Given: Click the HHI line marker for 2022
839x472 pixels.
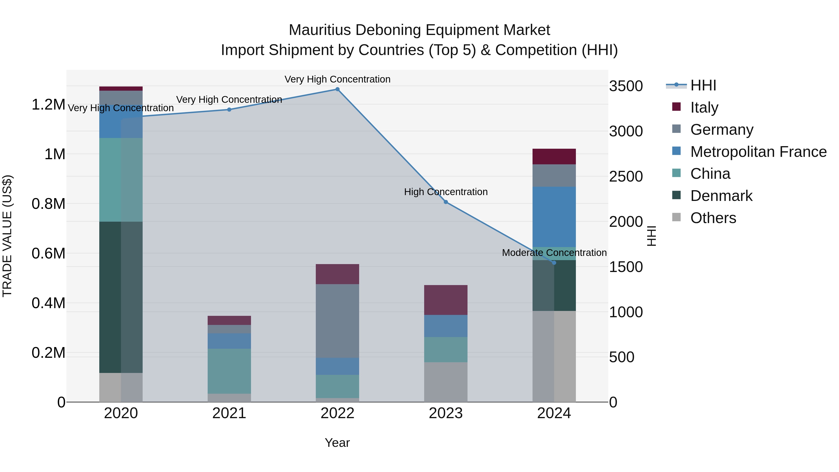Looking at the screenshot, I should (x=337, y=89).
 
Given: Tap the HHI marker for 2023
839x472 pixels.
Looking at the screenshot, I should (x=446, y=202).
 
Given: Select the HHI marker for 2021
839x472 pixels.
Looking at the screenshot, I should (x=229, y=110).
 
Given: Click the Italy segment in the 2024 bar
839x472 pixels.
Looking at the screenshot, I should (x=554, y=156).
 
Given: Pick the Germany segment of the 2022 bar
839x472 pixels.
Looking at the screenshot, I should (x=337, y=321).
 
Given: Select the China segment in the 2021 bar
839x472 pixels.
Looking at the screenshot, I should (x=229, y=371).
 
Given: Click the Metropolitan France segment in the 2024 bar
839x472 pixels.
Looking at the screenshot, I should (x=554, y=217).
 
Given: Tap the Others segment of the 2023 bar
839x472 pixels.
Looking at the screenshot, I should (x=446, y=382).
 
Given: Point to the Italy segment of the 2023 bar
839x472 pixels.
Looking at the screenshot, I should (x=446, y=300).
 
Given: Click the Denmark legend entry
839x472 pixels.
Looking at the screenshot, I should (x=721, y=196).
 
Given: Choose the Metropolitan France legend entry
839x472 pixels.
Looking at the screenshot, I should (x=758, y=152).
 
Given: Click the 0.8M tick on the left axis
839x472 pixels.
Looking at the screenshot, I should (x=48, y=204).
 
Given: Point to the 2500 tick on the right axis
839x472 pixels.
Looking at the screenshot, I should (x=626, y=176).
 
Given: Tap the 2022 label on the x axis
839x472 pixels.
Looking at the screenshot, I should (x=337, y=413).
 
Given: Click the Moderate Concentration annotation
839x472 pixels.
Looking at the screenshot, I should (x=554, y=253).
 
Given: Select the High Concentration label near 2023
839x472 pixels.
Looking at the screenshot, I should (x=446, y=192).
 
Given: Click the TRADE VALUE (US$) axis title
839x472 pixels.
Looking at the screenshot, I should (x=7, y=236).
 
